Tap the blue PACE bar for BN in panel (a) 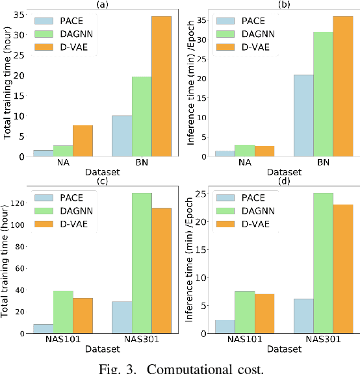click(x=122, y=136)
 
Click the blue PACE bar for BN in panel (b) click(x=303, y=116)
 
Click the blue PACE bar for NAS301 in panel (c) click(x=122, y=318)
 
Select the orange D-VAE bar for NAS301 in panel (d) click(x=343, y=269)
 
